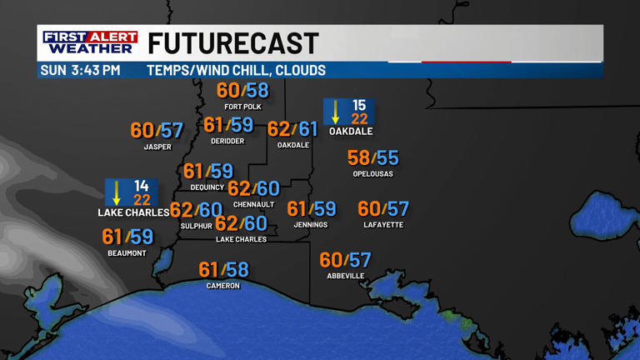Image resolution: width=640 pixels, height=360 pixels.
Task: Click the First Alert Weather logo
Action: (90, 42)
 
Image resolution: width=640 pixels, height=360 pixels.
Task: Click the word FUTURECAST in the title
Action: (233, 43)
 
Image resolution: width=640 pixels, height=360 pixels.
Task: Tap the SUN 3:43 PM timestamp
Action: (80, 71)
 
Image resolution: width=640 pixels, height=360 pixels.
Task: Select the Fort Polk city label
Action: (243, 107)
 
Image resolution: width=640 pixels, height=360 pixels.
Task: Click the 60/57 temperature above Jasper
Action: (157, 131)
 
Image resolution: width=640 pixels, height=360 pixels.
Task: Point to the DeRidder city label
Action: (227, 142)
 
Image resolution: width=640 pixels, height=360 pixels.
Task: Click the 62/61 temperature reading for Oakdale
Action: (293, 129)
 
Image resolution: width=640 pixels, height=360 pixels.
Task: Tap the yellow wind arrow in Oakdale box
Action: (336, 112)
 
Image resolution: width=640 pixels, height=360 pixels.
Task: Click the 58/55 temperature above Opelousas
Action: (373, 158)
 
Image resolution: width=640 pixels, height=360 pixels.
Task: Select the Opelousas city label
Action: (372, 174)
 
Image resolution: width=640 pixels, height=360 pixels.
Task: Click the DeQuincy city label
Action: (207, 187)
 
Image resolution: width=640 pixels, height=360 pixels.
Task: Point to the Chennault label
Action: (254, 205)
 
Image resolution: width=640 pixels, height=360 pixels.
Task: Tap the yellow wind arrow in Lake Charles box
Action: (117, 192)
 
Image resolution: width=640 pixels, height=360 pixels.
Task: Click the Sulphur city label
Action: (197, 226)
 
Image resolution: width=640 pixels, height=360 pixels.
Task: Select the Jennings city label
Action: (311, 225)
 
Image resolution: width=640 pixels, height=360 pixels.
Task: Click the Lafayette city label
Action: (383, 225)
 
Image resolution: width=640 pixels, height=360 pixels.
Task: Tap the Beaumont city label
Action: (127, 253)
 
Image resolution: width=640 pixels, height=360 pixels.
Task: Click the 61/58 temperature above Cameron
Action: (223, 270)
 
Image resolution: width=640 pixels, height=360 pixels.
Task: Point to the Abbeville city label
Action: (346, 276)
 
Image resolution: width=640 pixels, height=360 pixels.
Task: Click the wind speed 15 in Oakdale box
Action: (359, 105)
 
